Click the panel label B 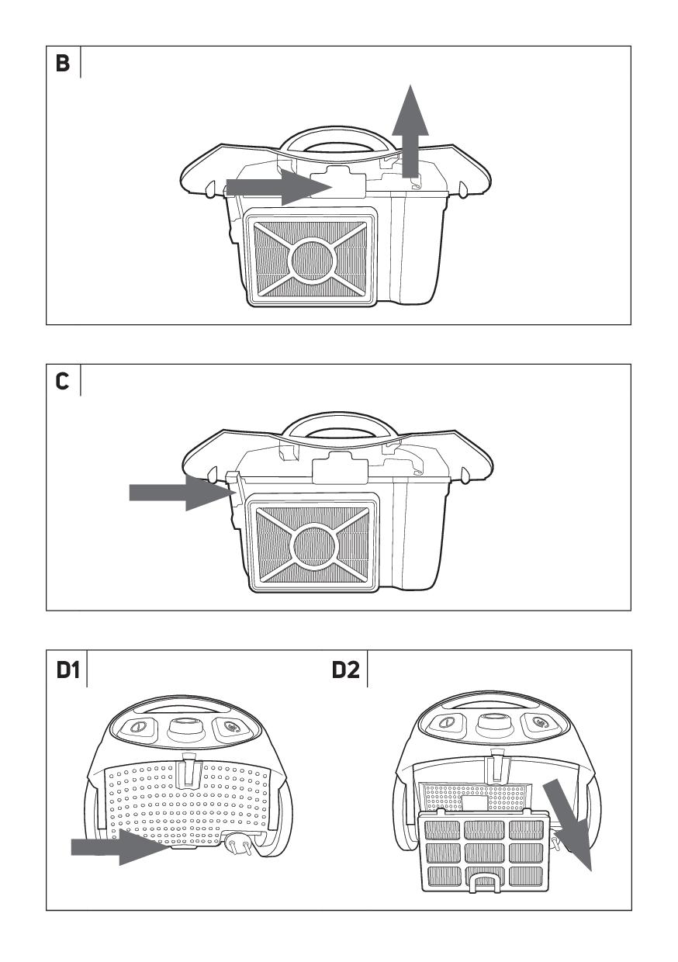62,63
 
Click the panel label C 62,381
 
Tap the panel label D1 67,670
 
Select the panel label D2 346,670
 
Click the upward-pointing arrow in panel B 410,131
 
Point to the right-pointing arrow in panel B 279,187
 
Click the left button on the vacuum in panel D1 137,728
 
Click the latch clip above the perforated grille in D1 189,768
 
